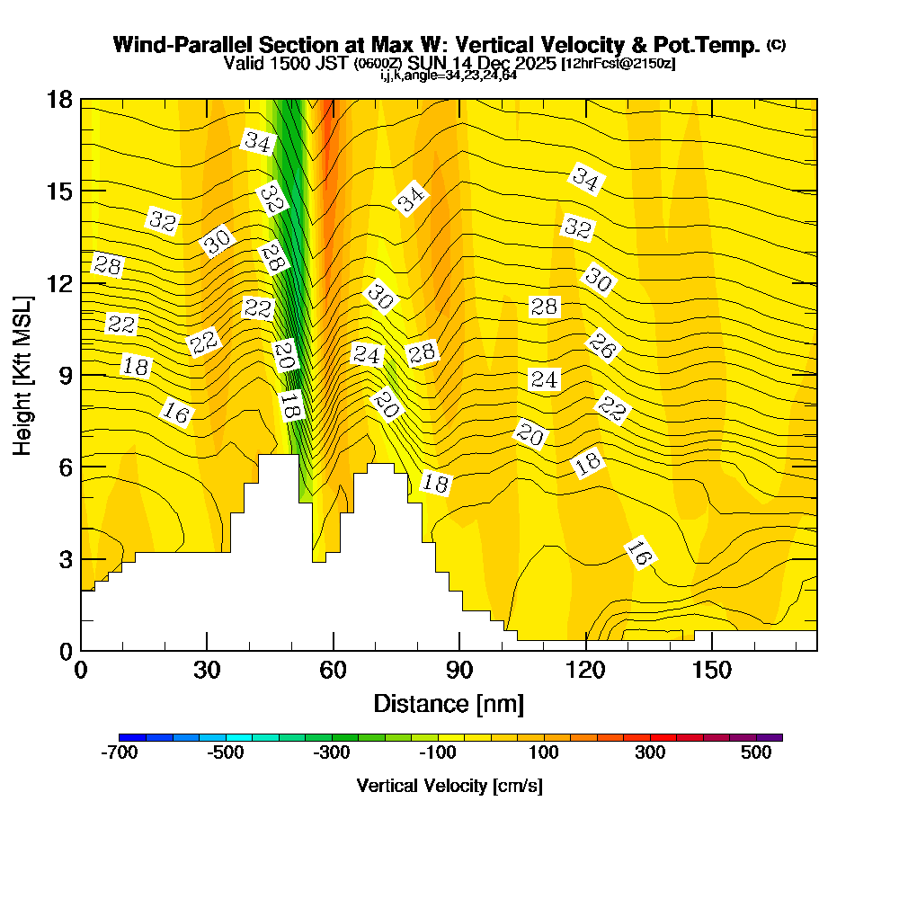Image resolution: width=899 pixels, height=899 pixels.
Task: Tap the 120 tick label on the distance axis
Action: click(585, 670)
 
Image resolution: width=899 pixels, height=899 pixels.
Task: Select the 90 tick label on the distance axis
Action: click(459, 670)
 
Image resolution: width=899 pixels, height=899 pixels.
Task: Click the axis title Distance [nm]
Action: click(449, 703)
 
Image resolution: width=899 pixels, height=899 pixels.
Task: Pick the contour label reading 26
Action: click(601, 346)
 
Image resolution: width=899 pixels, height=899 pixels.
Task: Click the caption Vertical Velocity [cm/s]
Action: click(449, 786)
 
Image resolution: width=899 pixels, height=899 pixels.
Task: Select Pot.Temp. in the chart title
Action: click(716, 45)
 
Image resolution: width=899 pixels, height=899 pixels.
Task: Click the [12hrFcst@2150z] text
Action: click(618, 64)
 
